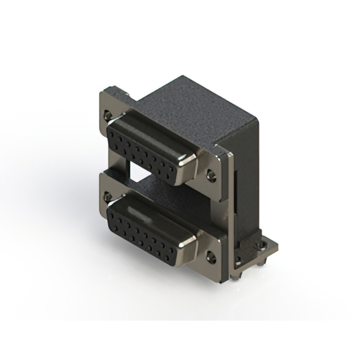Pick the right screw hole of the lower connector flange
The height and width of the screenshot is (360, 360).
pyautogui.click(x=211, y=258)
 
